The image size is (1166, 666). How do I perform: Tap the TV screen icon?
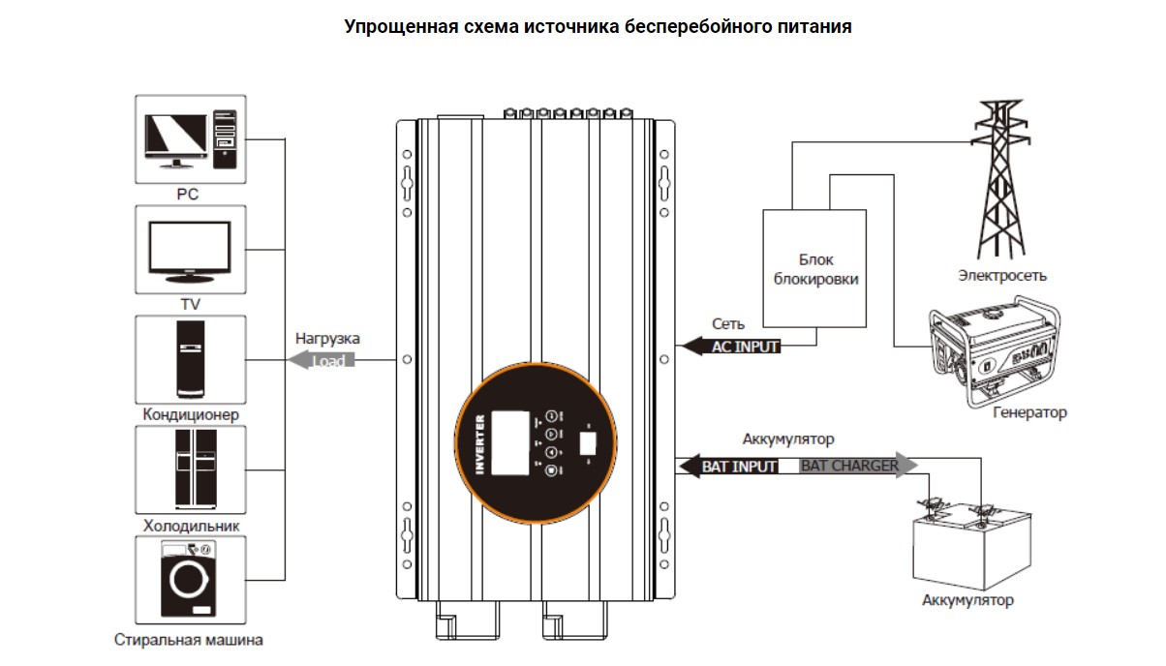tap(190, 249)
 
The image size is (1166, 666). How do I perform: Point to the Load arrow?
tap(321, 360)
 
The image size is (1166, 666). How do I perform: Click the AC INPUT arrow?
tap(732, 346)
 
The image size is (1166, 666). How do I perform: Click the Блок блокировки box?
tap(815, 268)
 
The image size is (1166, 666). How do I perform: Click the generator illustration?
tap(994, 352)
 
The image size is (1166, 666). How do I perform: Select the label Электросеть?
tap(1002, 276)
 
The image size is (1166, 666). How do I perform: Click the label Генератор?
tap(1029, 412)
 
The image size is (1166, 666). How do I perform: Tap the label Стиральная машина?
tap(189, 640)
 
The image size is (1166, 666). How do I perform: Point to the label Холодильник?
tap(191, 526)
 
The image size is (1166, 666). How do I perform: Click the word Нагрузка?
tap(327, 339)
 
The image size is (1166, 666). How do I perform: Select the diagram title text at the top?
tap(598, 27)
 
